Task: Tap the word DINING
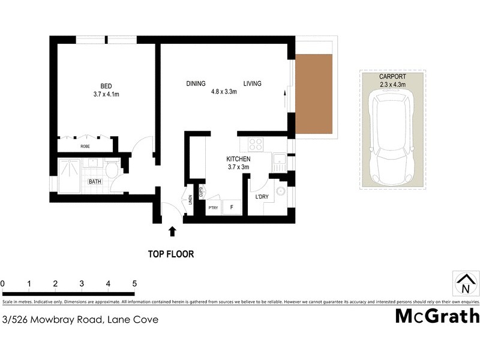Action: (x=196, y=83)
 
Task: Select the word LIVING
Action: (x=252, y=83)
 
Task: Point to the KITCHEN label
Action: (x=238, y=158)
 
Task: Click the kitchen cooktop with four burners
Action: (x=254, y=145)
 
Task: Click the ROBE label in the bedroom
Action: (x=85, y=146)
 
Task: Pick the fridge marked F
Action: (x=232, y=208)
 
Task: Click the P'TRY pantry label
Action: (x=212, y=208)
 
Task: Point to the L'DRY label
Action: (x=262, y=197)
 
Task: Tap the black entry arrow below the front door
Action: (x=173, y=230)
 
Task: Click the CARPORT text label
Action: (x=392, y=77)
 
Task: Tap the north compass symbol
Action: (x=464, y=283)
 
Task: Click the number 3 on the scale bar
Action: (x=82, y=284)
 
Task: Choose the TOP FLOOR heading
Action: (x=171, y=254)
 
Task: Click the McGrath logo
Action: (x=437, y=316)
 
